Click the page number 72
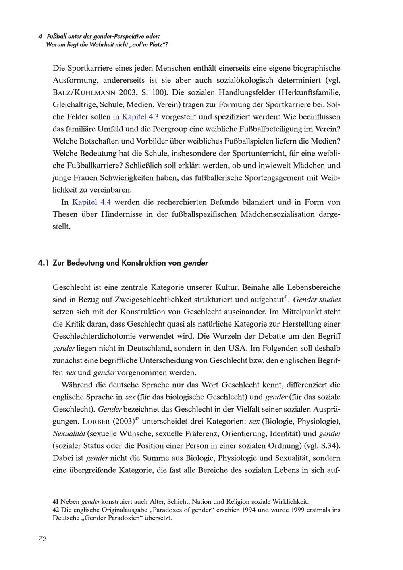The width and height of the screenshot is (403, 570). (42, 539)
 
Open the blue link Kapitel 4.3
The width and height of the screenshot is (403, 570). (140, 117)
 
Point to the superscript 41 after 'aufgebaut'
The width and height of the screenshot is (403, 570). (286, 297)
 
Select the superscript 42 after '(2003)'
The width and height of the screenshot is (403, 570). (137, 420)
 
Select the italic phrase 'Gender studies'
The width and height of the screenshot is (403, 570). (317, 300)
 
